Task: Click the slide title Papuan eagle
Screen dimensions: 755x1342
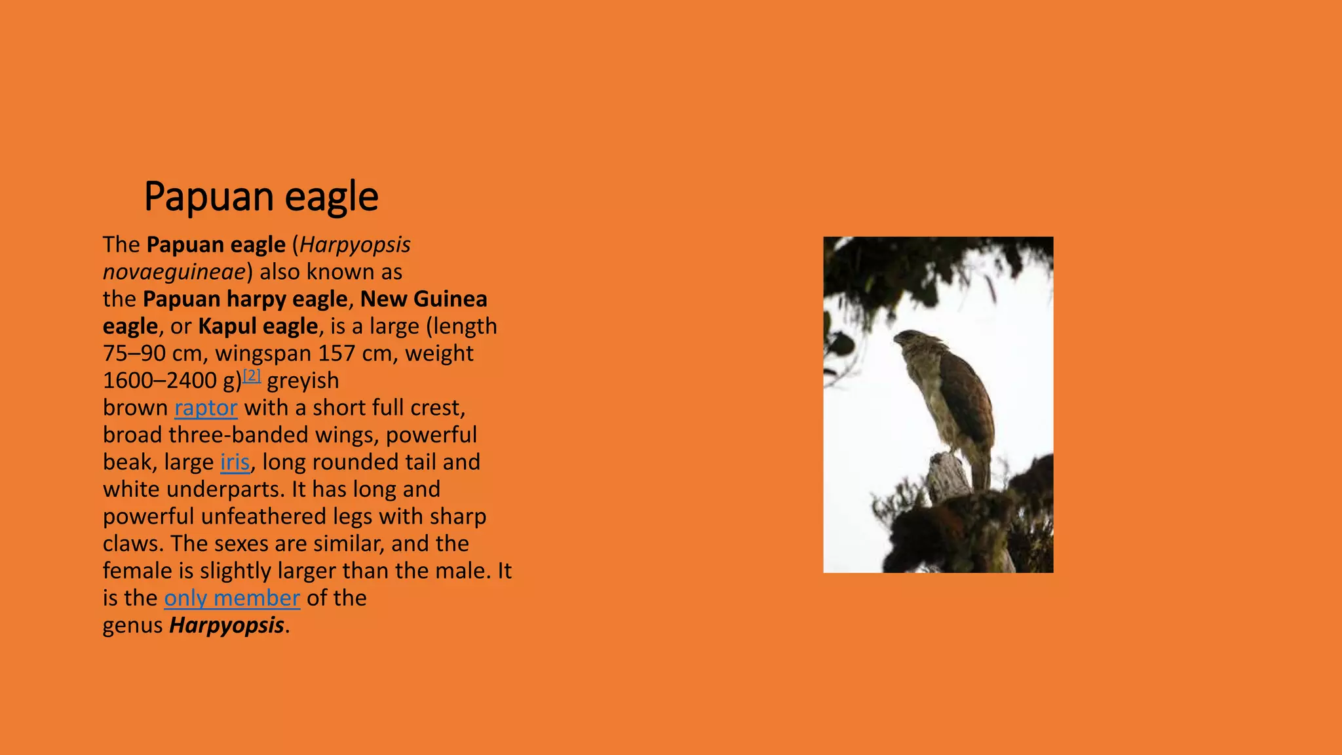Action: coord(261,196)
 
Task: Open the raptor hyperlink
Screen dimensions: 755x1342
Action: coord(206,408)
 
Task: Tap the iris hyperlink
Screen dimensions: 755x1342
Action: coord(235,462)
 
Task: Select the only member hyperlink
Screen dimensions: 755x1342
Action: coord(232,598)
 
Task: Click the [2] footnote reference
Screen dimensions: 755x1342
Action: coord(252,376)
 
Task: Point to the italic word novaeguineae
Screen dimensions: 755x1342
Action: coord(174,272)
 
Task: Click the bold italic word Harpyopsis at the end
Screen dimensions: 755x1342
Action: coord(227,625)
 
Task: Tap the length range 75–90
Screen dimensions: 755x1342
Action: coord(134,353)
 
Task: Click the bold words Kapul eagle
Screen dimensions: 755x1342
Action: coord(258,326)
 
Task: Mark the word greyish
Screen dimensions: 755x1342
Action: coord(303,381)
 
